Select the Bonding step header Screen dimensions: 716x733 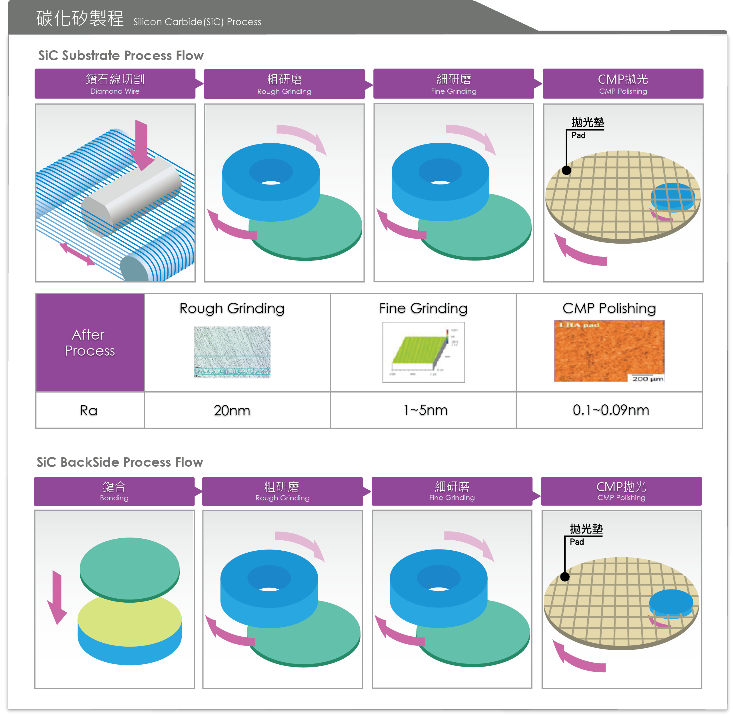pos(114,491)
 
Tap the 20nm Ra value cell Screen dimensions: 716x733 pos(232,410)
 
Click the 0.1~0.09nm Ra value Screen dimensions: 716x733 pos(610,410)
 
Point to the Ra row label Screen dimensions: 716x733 pos(89,410)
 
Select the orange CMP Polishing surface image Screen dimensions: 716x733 pos(609,350)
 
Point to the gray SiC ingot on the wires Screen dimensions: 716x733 pos(132,196)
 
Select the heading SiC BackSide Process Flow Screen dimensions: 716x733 pos(120,462)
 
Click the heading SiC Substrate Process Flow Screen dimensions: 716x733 pos(121,56)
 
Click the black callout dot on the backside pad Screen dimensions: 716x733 pos(564,577)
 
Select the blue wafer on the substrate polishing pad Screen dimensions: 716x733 pos(672,196)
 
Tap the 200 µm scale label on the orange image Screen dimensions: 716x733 pos(647,378)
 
